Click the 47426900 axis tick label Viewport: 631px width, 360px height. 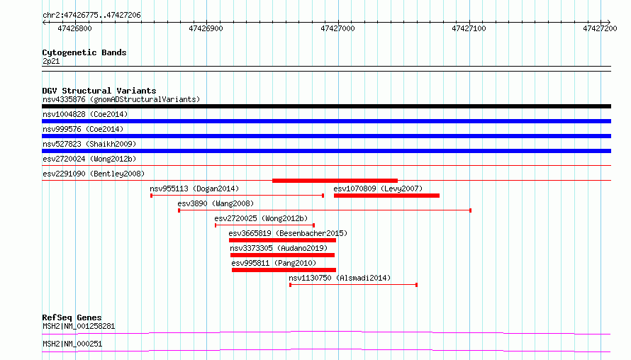coord(206,28)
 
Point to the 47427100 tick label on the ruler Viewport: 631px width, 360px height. coord(469,28)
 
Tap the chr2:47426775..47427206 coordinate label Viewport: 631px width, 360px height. coord(91,16)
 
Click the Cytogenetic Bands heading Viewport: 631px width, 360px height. coord(84,52)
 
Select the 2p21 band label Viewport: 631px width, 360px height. coord(51,61)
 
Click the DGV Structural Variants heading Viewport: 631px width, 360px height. coord(99,91)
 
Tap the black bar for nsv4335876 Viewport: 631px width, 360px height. coord(326,106)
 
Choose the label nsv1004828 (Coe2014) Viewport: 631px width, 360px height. coord(85,114)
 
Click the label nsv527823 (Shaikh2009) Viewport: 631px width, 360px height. coord(89,144)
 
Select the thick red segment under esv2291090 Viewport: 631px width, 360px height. coord(335,181)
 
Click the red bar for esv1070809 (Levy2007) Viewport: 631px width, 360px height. coord(386,196)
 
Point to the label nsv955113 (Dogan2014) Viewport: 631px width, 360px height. coord(194,189)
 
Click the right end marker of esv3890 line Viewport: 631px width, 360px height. coord(471,210)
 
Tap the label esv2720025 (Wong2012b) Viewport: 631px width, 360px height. coord(261,218)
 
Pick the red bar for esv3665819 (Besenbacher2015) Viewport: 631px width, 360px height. coord(282,240)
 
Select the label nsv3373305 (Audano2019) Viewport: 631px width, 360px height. coord(279,248)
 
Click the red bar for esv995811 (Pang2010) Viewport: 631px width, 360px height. coord(284,270)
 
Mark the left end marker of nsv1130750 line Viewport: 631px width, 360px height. coord(290,285)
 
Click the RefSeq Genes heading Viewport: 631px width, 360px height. coord(72,317)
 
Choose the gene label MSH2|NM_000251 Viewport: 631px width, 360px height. coord(72,344)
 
